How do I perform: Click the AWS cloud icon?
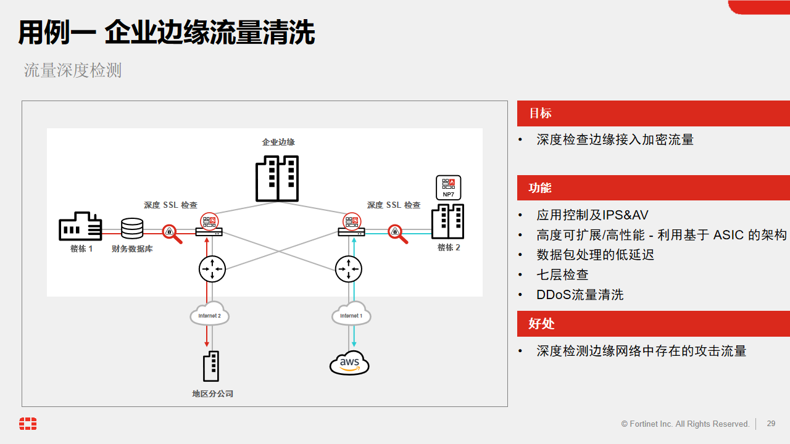click(x=349, y=363)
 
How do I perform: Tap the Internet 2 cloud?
click(x=210, y=314)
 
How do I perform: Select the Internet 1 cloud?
click(x=351, y=314)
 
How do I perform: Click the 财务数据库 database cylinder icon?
click(x=131, y=229)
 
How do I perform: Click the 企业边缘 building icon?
click(x=278, y=178)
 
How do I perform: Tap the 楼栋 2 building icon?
click(x=447, y=221)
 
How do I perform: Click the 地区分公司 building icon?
click(x=210, y=366)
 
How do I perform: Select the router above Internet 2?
click(x=212, y=269)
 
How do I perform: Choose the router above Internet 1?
click(x=348, y=269)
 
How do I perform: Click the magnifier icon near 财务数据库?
click(x=172, y=233)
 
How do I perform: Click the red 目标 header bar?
click(x=653, y=113)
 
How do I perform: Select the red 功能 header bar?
click(x=653, y=188)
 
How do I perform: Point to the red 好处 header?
click(x=653, y=324)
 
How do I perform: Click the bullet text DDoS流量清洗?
click(x=580, y=295)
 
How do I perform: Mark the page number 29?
click(x=771, y=424)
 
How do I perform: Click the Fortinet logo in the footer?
click(x=28, y=424)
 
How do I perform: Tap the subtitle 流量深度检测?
click(x=73, y=70)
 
